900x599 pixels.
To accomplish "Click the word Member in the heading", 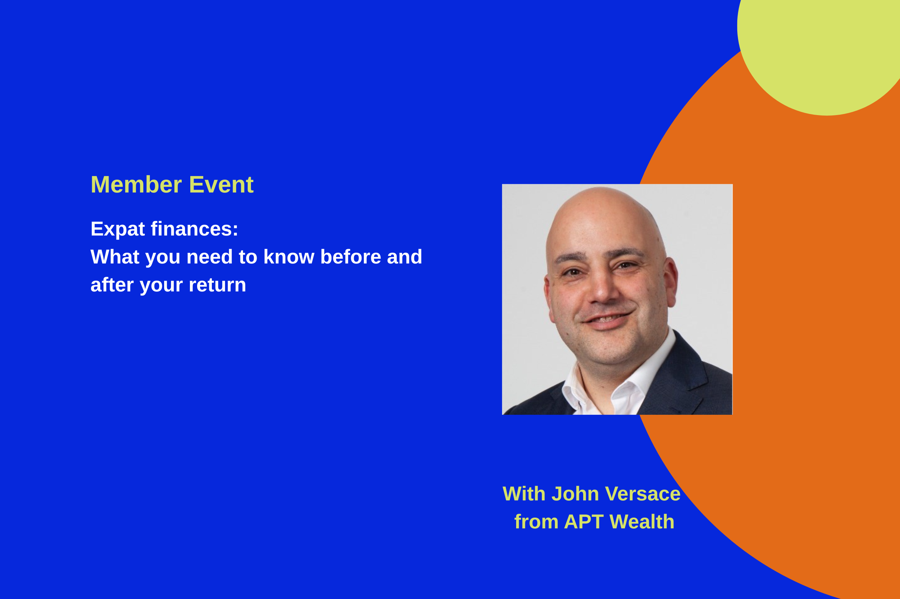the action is tap(136, 185).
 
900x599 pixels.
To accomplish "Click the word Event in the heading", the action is tap(221, 185).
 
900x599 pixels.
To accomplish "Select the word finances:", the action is tap(194, 229).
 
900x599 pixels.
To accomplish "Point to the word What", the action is tap(115, 257).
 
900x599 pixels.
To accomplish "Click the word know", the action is tap(289, 257).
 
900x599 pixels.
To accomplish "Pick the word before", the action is tap(350, 257).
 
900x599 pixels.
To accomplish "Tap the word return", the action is tap(217, 285).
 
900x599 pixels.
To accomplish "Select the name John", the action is tap(575, 494).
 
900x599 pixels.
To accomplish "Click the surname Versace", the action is tap(643, 494).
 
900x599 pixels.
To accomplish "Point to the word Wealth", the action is tap(642, 522).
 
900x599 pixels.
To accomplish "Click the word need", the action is tap(209, 257).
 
